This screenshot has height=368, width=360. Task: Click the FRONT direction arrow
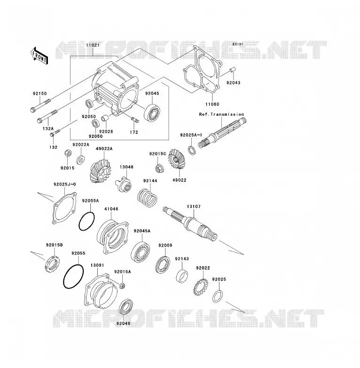[x=39, y=56]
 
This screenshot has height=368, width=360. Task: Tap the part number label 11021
[x=93, y=45]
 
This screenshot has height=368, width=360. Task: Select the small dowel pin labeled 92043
[x=233, y=71]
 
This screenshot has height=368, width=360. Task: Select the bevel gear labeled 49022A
[x=100, y=171]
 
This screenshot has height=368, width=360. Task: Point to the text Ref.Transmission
[x=221, y=114]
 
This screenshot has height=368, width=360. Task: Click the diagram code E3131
[x=238, y=44]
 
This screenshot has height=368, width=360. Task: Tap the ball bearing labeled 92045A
[x=141, y=252]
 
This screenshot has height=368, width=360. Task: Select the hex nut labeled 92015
[x=68, y=153]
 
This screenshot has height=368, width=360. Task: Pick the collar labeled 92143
[x=182, y=276]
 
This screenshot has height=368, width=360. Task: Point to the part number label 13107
[x=194, y=207]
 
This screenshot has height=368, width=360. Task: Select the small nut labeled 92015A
[x=122, y=286]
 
